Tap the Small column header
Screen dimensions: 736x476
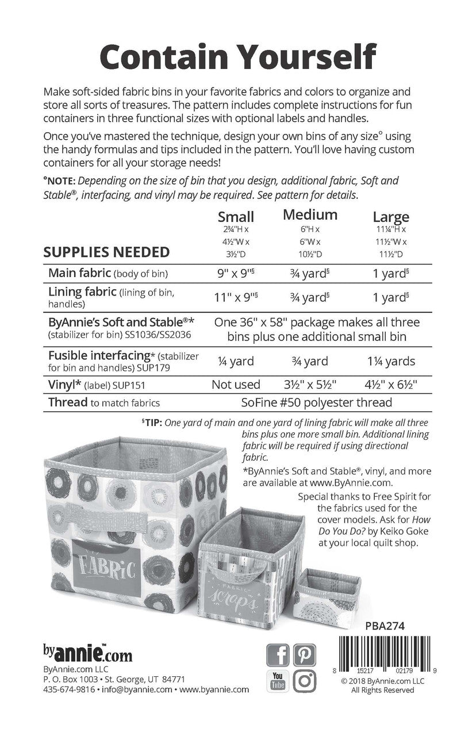(x=236, y=217)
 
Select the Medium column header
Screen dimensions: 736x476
(x=310, y=215)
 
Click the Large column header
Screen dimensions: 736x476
(x=391, y=217)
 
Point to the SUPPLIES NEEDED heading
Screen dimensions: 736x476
(x=106, y=252)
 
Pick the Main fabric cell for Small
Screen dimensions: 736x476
(x=236, y=273)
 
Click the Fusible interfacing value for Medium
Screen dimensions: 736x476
(x=310, y=361)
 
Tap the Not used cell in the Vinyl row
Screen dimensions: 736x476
(x=236, y=384)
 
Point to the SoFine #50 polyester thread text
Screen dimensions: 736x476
(x=317, y=402)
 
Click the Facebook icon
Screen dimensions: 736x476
(x=278, y=654)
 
